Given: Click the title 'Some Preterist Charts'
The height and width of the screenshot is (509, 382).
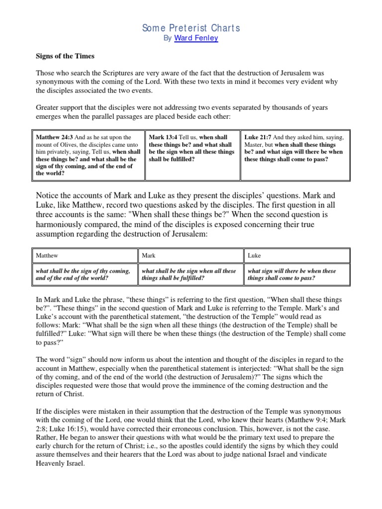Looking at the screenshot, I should pos(191,28).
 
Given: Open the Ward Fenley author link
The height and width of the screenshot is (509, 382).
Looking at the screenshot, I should pos(196,38).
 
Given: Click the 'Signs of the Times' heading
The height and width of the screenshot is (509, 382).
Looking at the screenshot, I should pos(64,56).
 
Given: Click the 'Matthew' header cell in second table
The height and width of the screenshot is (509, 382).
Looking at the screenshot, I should pos(47,255).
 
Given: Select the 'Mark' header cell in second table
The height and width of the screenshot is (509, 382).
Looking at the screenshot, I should pos(149,255).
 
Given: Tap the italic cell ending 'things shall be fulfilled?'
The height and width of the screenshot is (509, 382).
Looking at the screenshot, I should pos(189,274).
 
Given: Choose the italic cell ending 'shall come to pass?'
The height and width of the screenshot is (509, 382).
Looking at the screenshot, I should pos(291,274).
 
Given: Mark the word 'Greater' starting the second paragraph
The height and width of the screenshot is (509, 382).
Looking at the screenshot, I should pos(48,107).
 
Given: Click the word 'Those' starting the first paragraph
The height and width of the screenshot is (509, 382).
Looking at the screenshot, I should pos(45,73).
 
